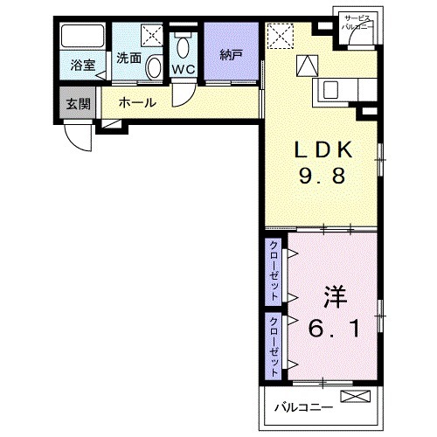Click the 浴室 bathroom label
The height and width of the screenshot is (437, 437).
pos(82,65)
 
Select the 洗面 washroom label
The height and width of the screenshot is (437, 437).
pos(128,59)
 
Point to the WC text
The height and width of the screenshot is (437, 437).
pos(183,69)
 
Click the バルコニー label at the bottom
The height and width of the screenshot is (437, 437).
pos(302,406)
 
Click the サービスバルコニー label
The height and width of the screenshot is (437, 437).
pos(357,23)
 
